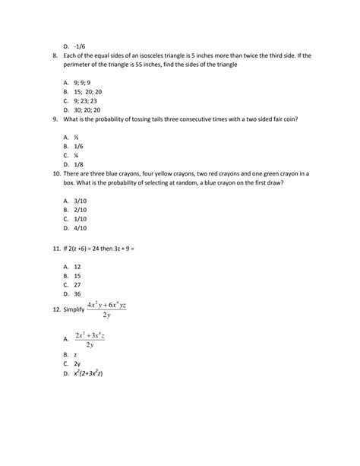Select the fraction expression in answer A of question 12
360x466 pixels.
(x=89, y=339)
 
